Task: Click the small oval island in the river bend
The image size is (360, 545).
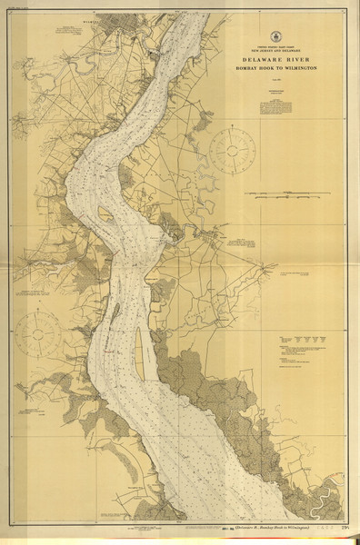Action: coord(105,216)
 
